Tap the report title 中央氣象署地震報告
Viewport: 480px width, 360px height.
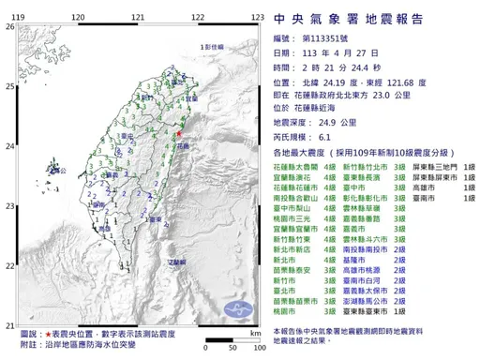[x=352, y=19]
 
